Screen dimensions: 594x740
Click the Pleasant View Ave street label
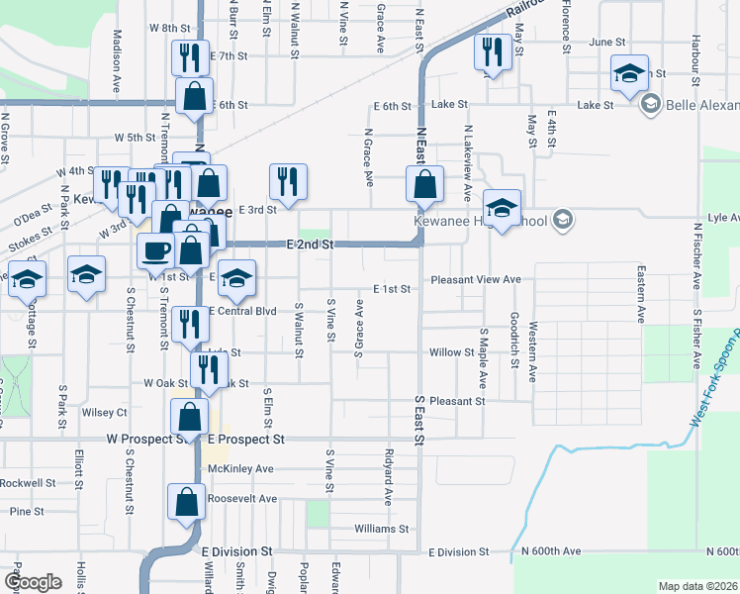[475, 280]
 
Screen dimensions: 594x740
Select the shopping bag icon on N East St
[424, 185]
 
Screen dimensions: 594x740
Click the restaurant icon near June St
[492, 52]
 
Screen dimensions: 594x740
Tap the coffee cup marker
[154, 250]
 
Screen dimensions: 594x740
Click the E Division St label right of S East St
[458, 551]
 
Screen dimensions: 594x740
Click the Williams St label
[381, 530]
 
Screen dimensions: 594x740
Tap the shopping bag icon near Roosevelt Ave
[186, 503]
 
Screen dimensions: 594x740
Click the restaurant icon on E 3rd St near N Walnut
[287, 182]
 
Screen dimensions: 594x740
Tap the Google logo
[33, 582]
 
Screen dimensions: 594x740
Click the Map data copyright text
[696, 586]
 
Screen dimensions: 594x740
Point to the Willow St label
[453, 352]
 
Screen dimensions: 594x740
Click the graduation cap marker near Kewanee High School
[502, 209]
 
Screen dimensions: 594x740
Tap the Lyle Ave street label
[723, 216]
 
